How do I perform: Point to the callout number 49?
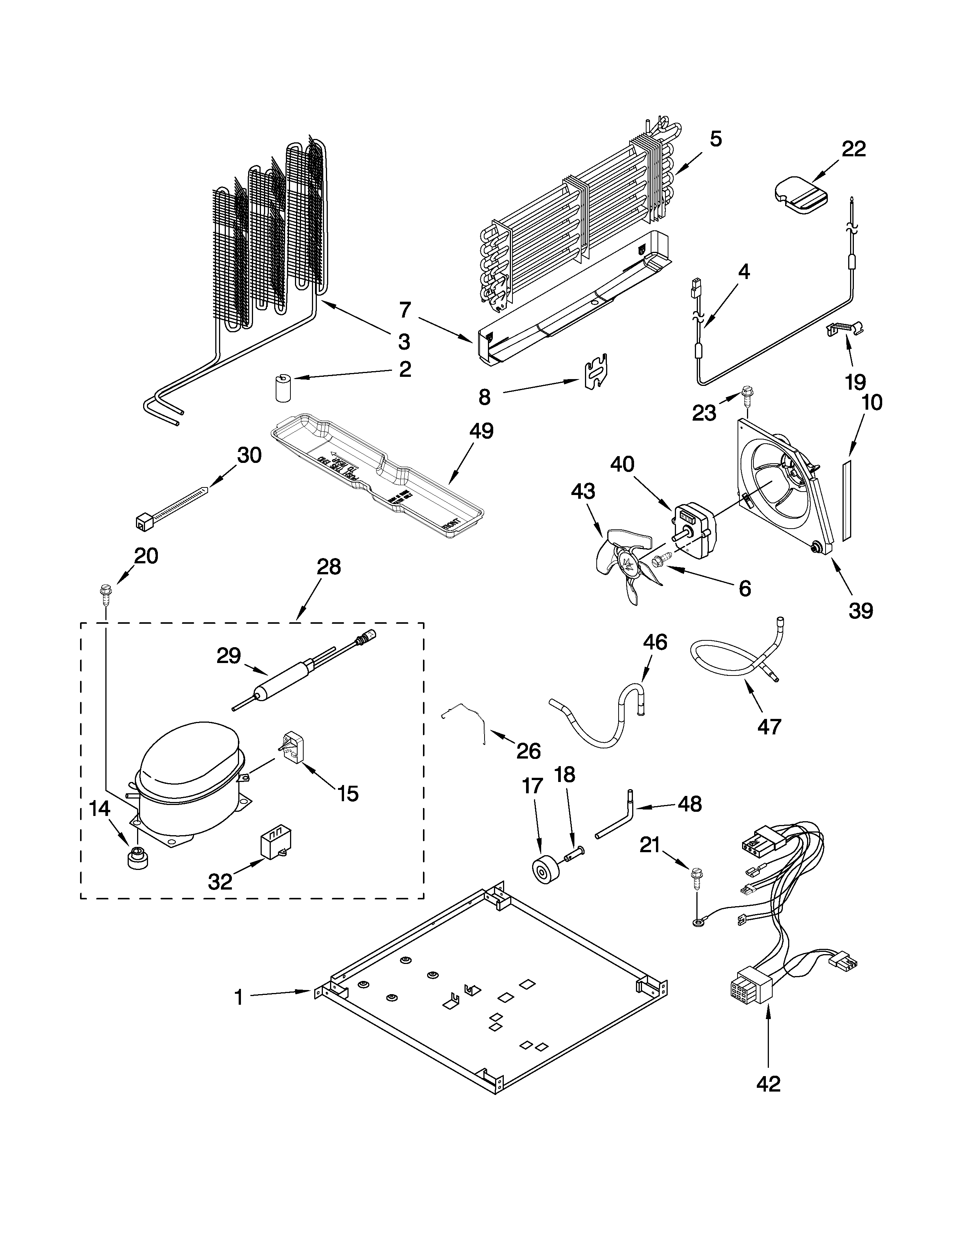(481, 431)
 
